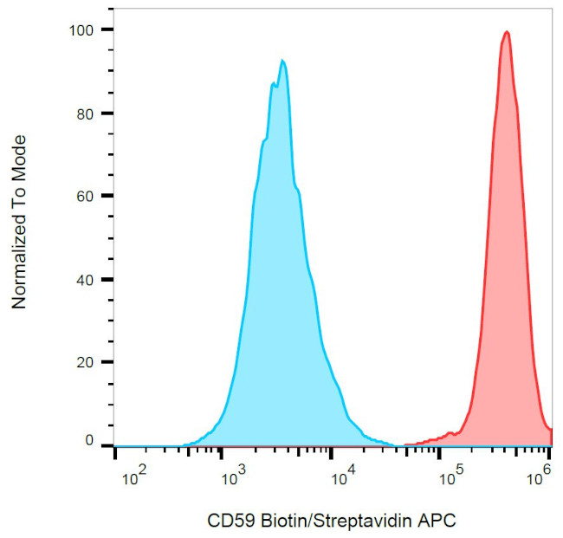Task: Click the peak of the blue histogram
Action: (282, 61)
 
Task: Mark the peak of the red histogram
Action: (507, 32)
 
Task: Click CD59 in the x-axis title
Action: (227, 521)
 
